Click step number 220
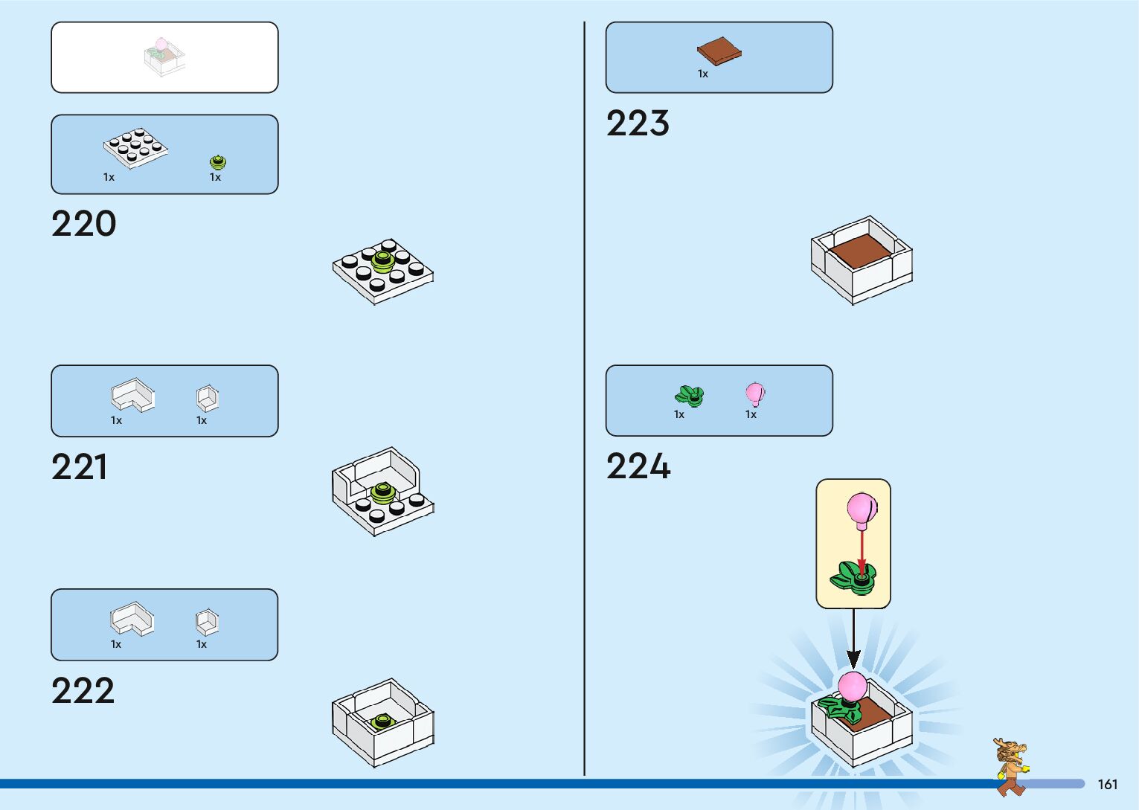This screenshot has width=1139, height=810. tap(84, 224)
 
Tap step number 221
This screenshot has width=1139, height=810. tap(80, 467)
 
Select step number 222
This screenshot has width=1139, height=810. tap(83, 691)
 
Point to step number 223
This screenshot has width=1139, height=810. tap(638, 123)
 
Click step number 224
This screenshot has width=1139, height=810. tap(638, 467)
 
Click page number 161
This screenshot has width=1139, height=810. tap(1107, 784)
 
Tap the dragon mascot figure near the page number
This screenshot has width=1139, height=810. tap(1011, 766)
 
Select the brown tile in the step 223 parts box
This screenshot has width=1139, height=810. tap(719, 51)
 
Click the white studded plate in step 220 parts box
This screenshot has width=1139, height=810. tap(135, 147)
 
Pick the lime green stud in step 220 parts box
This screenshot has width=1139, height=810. tap(217, 161)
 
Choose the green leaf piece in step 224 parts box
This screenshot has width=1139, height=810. tap(690, 396)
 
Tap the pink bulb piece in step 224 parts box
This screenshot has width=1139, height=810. tap(754, 393)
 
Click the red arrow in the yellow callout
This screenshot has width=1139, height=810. tap(862, 551)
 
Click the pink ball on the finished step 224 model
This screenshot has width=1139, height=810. tap(853, 686)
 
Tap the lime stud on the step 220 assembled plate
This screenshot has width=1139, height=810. tap(382, 260)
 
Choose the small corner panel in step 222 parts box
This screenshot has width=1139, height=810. tap(207, 621)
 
